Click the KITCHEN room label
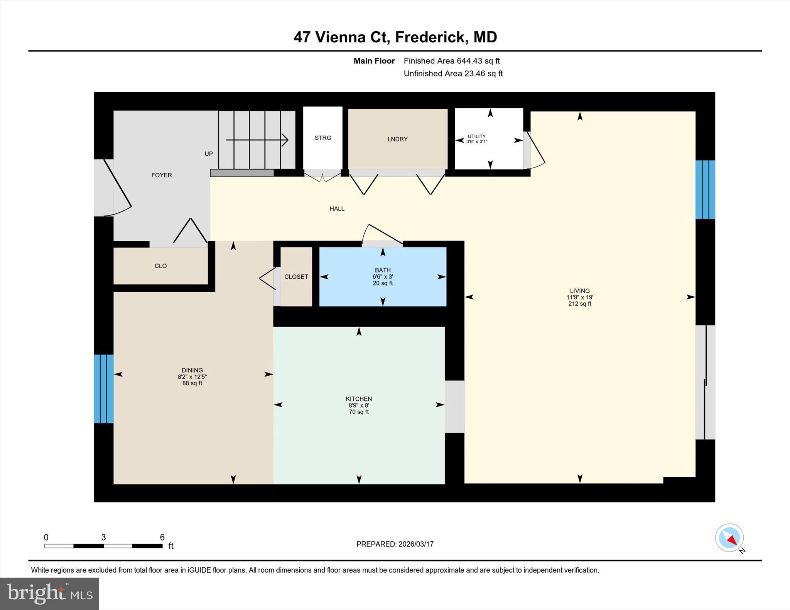pos(359,399)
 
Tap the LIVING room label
pos(580,291)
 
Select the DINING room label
pos(192,370)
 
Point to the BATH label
pos(383,270)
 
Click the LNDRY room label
pos(398,139)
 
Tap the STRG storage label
pos(323,138)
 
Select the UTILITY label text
pos(477,136)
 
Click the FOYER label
pos(162,175)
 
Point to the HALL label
pos(337,209)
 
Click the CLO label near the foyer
pos(160,266)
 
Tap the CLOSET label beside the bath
pos(296,277)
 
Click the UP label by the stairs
pos(209,154)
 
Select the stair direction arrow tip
pos(287,140)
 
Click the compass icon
pos(729,538)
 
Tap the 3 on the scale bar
pos(103,537)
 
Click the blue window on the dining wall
pos(104,389)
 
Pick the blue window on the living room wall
pos(705,190)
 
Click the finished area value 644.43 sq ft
pos(478,61)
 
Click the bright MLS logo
pos(49,593)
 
